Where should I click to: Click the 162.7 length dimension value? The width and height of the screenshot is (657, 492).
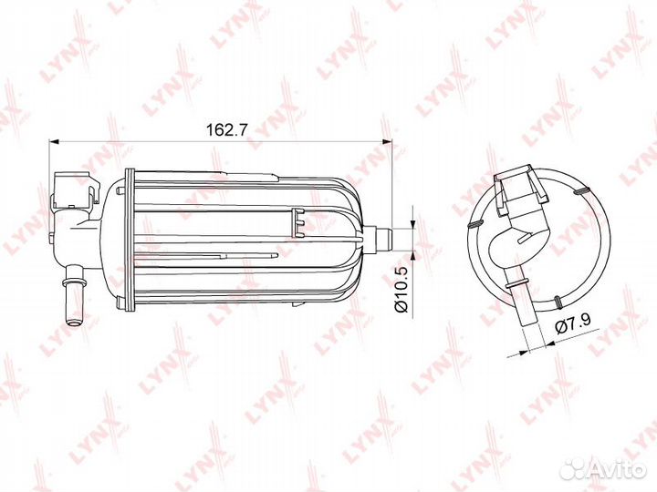pos(223,129)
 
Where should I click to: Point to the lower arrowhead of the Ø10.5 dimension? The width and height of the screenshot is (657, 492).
pos(412,253)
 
